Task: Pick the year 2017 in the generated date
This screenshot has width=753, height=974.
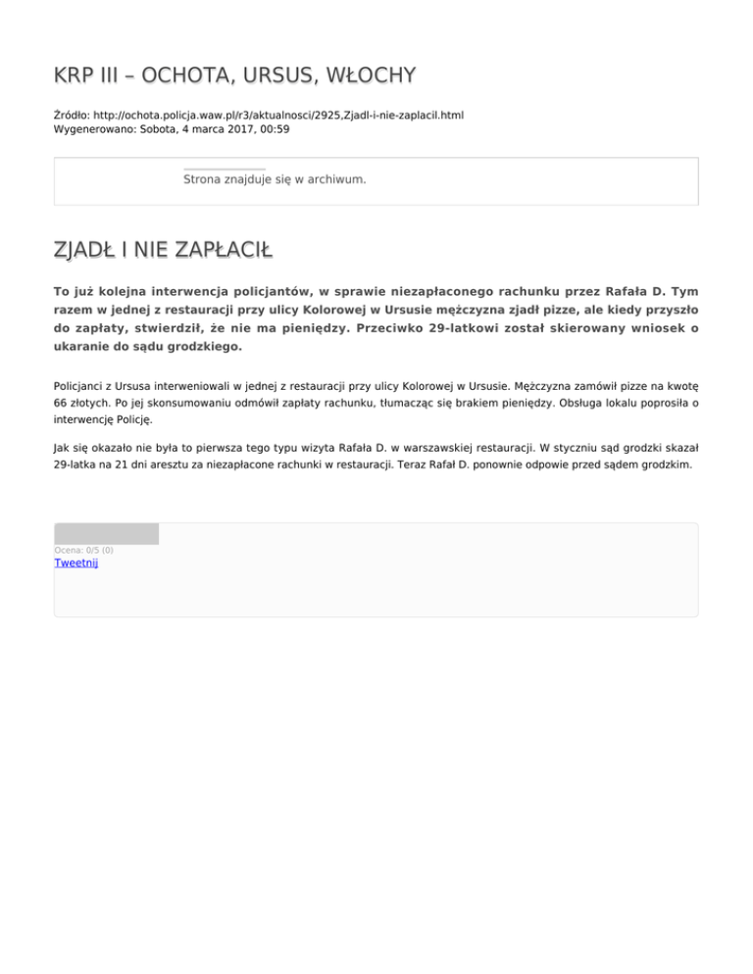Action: pyautogui.click(x=238, y=128)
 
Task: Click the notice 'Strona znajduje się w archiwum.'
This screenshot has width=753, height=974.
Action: pyautogui.click(x=275, y=180)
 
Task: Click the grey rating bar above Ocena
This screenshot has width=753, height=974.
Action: pyautogui.click(x=106, y=534)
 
